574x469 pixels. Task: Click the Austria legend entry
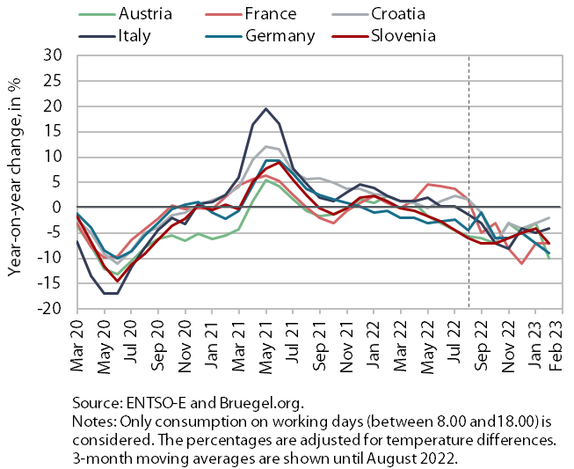[x=125, y=14]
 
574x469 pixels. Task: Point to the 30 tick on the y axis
[x=53, y=55]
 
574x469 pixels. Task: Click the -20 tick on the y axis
[x=49, y=309]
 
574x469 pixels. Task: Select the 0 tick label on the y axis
[x=57, y=208]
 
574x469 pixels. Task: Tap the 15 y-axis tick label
[x=53, y=131]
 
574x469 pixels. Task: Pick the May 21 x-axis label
[x=266, y=346]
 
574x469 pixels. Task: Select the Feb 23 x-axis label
[x=556, y=344]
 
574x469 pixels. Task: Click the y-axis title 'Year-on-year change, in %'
[x=15, y=177]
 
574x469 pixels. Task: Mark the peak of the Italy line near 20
[x=265, y=108]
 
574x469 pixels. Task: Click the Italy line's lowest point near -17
[x=111, y=293]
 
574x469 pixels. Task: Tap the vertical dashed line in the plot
[x=469, y=182]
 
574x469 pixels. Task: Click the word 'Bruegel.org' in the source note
[x=261, y=403]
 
